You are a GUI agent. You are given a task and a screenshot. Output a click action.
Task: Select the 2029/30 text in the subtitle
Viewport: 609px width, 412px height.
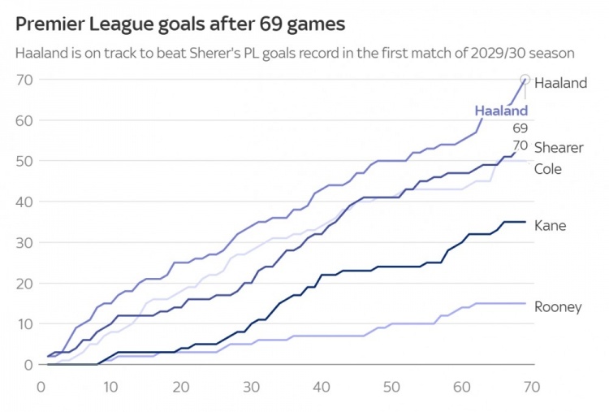coord(495,54)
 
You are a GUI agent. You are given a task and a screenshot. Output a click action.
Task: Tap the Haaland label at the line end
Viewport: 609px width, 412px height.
coord(560,83)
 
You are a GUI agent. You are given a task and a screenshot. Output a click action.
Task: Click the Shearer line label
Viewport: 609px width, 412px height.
coord(559,147)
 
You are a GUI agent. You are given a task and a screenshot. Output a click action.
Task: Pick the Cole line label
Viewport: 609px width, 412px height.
coord(548,169)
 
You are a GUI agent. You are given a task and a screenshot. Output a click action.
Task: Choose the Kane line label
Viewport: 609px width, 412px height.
coord(550,225)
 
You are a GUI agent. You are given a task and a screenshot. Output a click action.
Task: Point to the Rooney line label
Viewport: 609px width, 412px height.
coord(558,306)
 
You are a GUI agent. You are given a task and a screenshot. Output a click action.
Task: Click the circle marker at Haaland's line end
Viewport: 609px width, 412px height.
coord(525,80)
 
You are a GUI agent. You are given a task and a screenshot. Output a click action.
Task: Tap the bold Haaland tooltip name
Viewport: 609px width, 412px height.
coord(501,111)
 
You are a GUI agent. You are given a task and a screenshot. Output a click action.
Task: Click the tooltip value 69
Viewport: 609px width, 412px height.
coord(520,128)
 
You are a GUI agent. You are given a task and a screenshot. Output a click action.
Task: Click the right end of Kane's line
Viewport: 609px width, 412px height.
coord(525,222)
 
